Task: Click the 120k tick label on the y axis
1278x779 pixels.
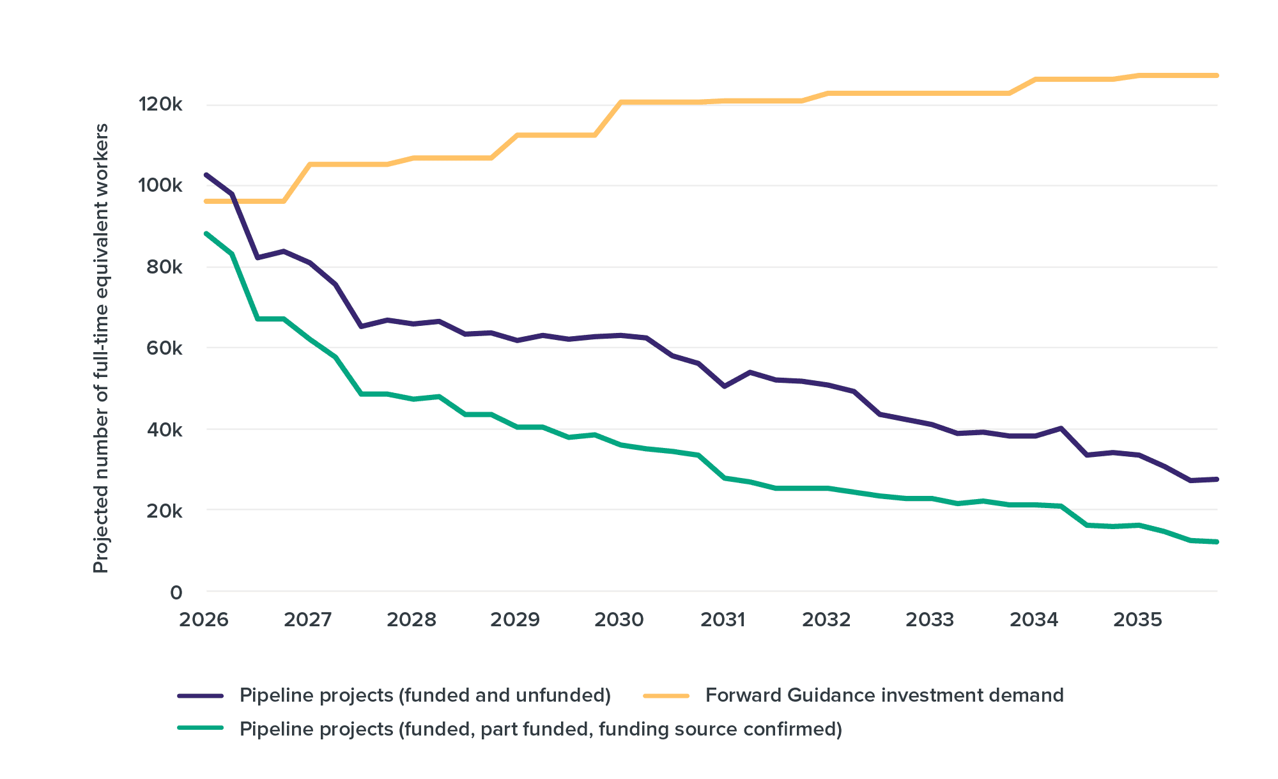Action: (160, 104)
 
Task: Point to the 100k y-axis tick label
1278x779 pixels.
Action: (160, 185)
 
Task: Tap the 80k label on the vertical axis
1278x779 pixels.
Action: (164, 266)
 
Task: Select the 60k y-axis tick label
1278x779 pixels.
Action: (164, 348)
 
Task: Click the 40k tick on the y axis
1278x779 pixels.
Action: (164, 429)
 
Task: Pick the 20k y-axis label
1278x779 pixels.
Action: (164, 511)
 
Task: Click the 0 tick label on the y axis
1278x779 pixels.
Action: (176, 592)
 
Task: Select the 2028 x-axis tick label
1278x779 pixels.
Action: (412, 619)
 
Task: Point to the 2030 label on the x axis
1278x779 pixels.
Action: (619, 619)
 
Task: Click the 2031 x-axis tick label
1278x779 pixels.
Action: (723, 619)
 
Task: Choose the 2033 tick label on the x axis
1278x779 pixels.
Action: (930, 619)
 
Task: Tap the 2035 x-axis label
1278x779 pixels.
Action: (1138, 619)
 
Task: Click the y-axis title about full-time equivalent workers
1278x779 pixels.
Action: (101, 348)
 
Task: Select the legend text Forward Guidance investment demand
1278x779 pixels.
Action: (884, 695)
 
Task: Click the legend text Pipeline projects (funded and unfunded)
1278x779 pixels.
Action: (425, 695)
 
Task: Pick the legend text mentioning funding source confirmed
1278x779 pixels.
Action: (541, 729)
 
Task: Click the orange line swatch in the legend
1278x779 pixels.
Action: (666, 695)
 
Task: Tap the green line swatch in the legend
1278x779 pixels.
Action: (201, 729)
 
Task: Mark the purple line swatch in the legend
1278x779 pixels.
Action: (201, 695)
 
